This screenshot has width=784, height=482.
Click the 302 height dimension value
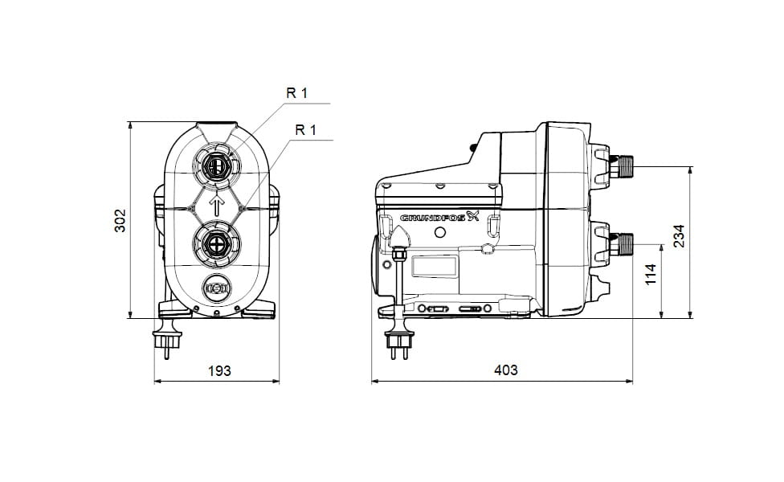(x=120, y=220)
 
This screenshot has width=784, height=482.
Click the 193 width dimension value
(x=219, y=370)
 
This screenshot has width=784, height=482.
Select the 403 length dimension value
(x=505, y=370)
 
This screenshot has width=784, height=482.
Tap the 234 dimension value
(x=679, y=235)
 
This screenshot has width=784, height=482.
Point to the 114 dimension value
(x=650, y=275)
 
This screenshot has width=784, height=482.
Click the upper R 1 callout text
(x=297, y=93)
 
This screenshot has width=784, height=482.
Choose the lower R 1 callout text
(x=306, y=130)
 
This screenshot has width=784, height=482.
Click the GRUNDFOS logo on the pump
(x=439, y=217)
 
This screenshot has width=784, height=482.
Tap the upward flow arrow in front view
(x=217, y=205)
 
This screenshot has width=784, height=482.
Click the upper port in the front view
(x=217, y=166)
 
